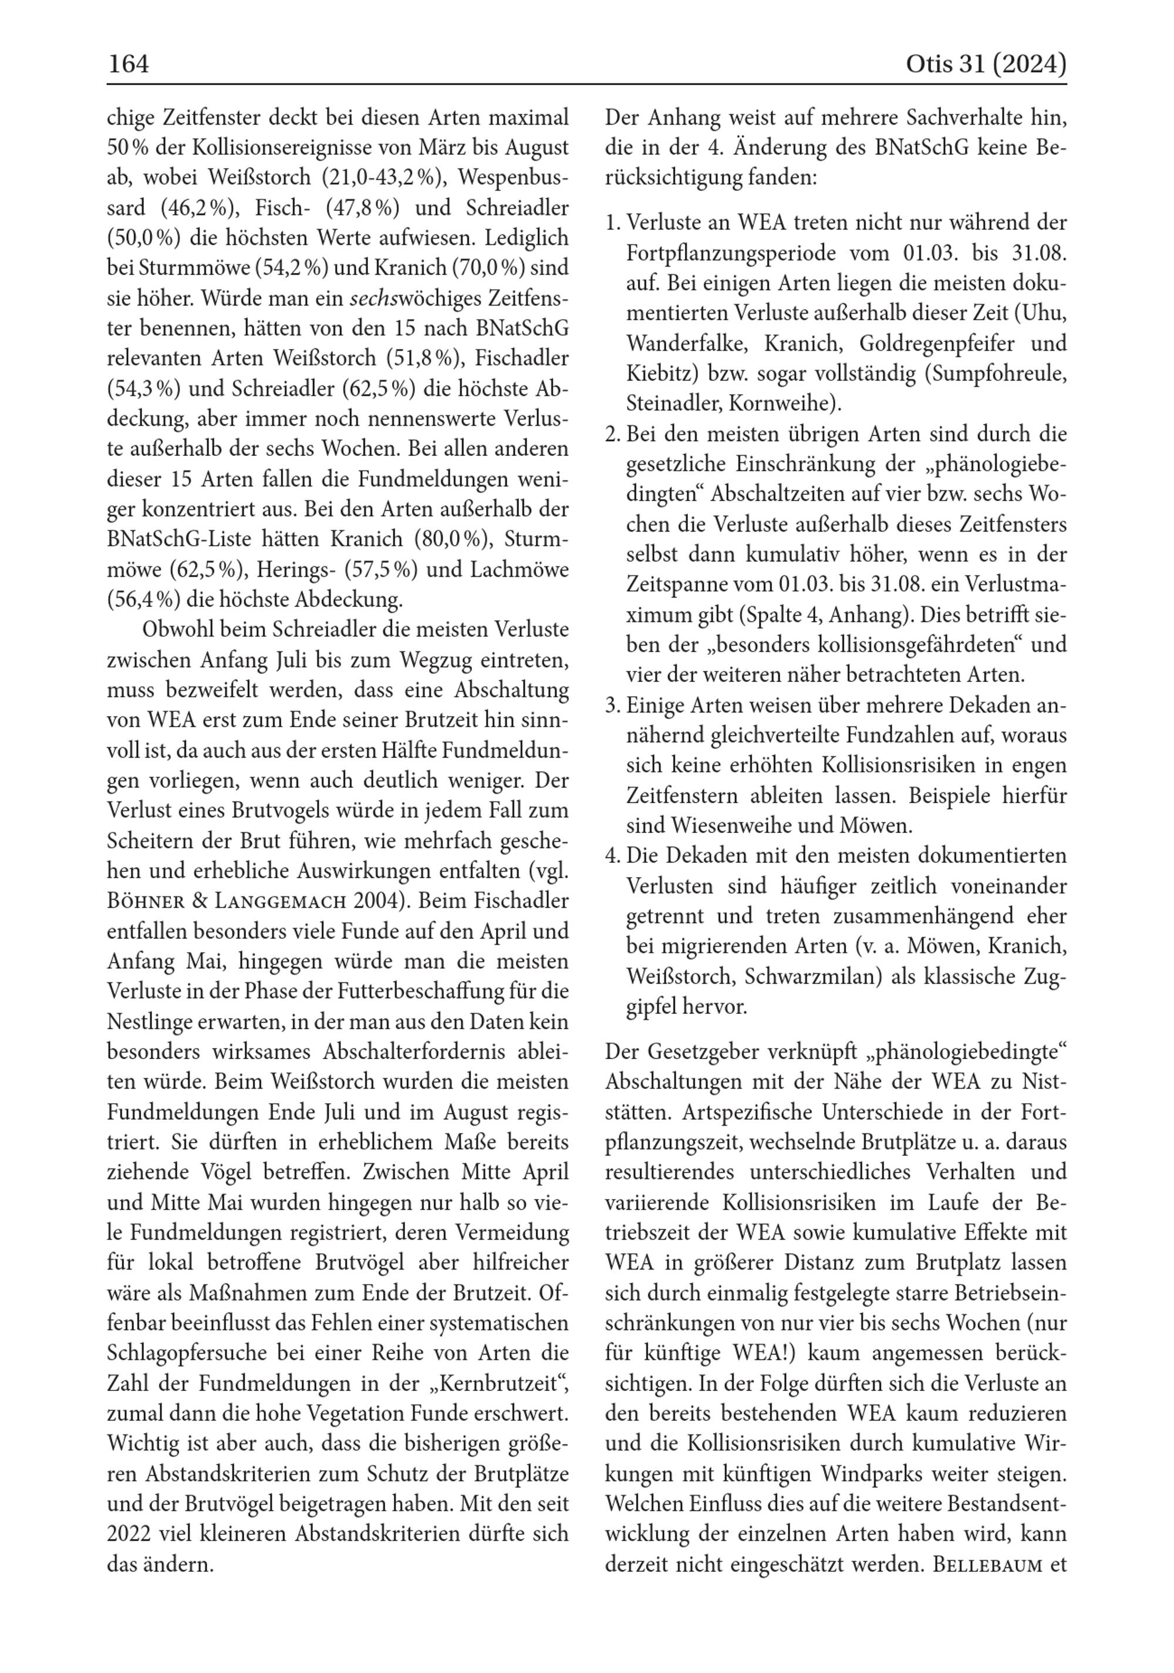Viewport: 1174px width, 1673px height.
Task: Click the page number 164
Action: click(x=128, y=65)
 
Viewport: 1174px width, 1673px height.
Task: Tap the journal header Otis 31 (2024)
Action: click(x=986, y=65)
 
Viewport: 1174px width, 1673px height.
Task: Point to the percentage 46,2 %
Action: click(x=200, y=209)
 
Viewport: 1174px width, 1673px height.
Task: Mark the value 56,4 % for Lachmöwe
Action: click(x=143, y=600)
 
